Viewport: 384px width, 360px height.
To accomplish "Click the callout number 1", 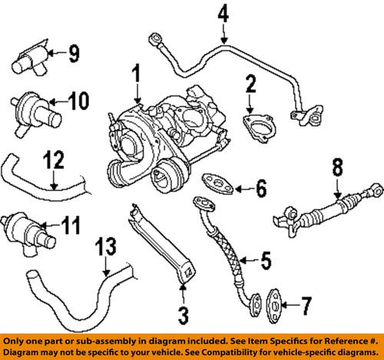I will tap(137, 76).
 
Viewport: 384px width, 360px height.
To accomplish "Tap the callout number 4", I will tap(223, 13).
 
